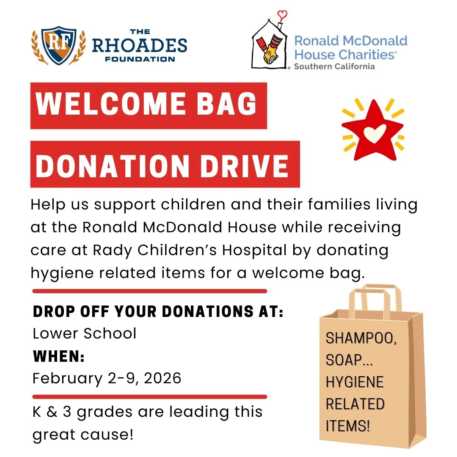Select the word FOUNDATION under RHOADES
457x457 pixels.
140,59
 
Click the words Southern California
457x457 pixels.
334,66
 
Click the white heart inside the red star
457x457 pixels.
372,132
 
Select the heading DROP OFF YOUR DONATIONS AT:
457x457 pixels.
158,313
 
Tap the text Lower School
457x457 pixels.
85,333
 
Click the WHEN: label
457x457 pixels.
59,356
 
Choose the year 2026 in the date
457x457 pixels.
162,378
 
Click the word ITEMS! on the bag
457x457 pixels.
347,425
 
